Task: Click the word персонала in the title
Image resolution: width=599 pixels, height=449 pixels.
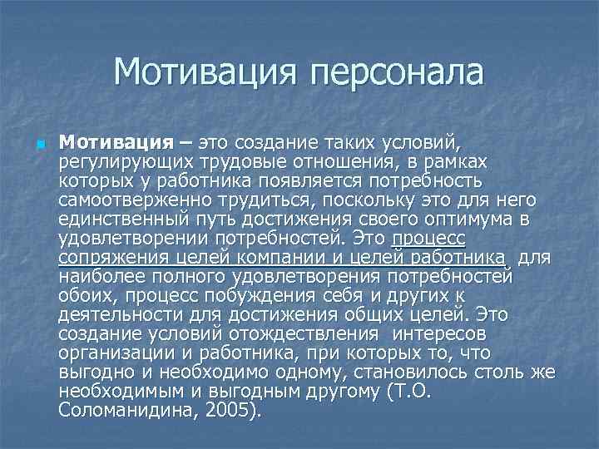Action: coord(397,72)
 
